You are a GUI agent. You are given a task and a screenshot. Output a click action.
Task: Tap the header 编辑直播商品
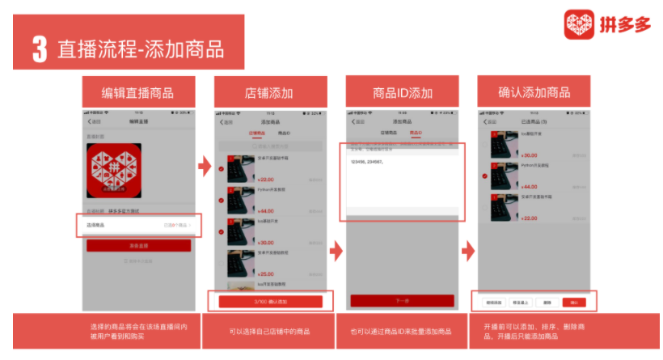click(x=137, y=92)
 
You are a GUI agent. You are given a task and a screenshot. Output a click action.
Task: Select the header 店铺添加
click(x=269, y=92)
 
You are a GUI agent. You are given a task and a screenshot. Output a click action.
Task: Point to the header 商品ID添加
click(x=402, y=92)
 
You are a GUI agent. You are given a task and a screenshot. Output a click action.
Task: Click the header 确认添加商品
click(x=534, y=92)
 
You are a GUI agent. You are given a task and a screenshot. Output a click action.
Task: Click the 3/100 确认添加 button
click(x=270, y=301)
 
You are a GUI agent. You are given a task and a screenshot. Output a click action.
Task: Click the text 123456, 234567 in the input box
click(x=368, y=162)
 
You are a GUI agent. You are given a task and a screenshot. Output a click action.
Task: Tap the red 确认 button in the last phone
click(x=574, y=302)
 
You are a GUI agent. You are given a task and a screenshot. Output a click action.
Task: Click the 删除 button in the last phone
click(x=547, y=302)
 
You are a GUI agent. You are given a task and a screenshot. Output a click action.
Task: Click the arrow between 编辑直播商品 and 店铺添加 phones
click(x=205, y=167)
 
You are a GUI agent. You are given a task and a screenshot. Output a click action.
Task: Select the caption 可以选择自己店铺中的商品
click(x=270, y=331)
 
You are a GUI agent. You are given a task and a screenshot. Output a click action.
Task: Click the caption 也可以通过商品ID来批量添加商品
click(x=402, y=331)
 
